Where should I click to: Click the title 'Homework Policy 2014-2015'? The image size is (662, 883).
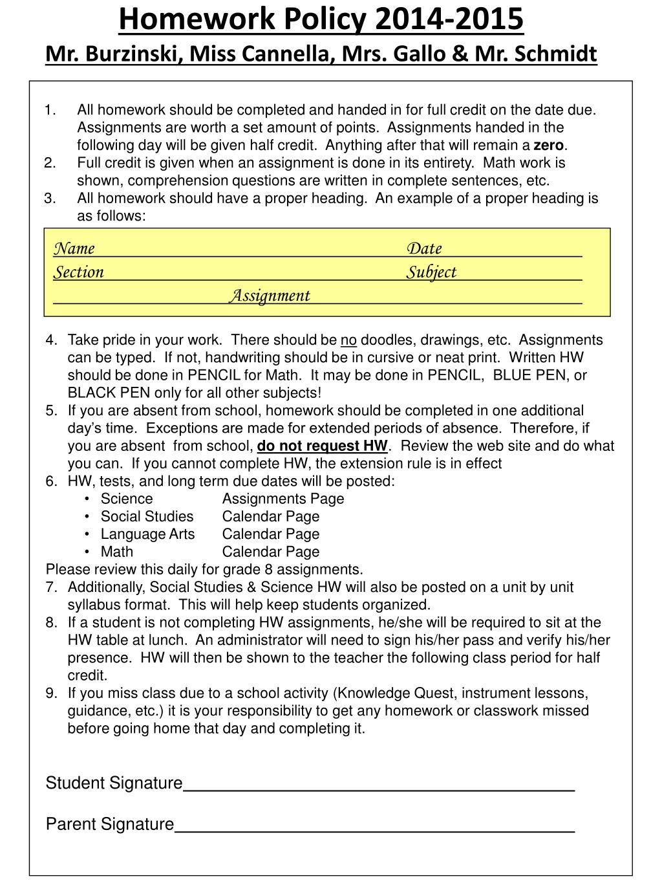coord(321,19)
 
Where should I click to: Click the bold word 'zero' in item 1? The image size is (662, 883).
coord(548,146)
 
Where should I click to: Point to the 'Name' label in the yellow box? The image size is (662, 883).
coord(74,248)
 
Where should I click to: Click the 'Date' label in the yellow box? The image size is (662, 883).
coord(424,248)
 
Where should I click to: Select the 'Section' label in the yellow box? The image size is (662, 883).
coord(78,272)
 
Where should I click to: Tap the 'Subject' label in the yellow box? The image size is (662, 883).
coord(431,272)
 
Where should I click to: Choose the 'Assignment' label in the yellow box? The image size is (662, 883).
coord(270,296)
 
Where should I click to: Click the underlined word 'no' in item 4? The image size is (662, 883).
coord(348,340)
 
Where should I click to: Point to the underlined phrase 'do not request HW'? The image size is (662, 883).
coord(322,446)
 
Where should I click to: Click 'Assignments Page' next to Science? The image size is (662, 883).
coord(283,499)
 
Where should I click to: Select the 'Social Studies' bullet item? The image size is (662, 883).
coord(147,516)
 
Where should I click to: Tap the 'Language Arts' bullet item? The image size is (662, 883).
coord(147,534)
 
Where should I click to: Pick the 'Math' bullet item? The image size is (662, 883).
coord(117,552)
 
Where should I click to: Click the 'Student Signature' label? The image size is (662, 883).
coord(114,783)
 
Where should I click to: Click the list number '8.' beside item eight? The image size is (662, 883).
coord(52,623)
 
